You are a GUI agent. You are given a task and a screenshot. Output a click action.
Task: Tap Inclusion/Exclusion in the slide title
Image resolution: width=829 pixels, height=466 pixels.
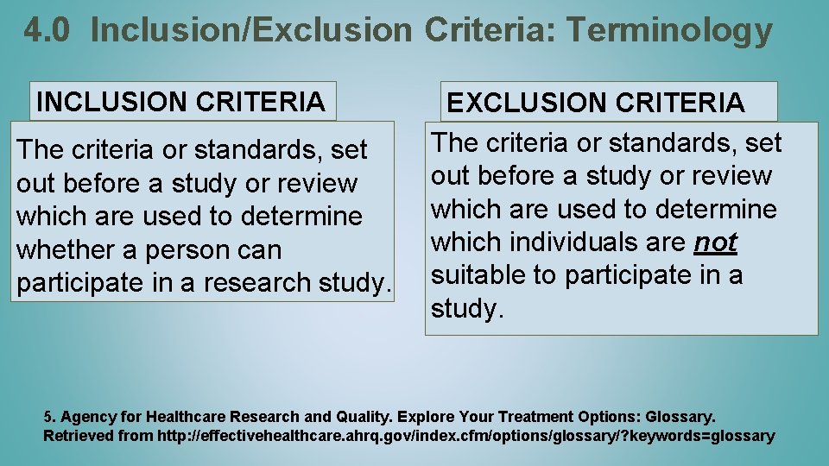[251, 31]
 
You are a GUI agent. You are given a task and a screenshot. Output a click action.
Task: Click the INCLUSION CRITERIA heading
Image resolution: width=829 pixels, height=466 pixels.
[181, 102]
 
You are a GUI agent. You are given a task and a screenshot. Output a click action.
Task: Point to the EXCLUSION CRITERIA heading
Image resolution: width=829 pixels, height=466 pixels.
[595, 103]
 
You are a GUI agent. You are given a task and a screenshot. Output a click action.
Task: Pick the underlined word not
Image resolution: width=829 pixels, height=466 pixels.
[715, 242]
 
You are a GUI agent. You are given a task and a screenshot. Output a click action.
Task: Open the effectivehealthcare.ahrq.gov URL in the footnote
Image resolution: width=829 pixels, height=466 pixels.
[466, 436]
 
